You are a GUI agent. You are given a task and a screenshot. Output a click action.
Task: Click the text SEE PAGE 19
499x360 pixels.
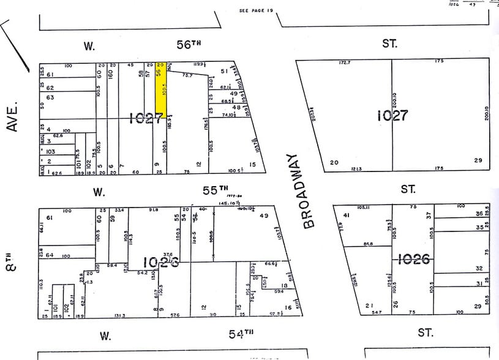click(x=256, y=10)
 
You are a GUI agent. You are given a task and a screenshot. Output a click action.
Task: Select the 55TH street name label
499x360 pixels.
click(x=215, y=190)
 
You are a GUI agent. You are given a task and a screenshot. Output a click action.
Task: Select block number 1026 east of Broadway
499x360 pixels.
click(x=415, y=259)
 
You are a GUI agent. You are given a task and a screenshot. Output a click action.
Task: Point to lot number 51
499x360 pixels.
click(x=224, y=71)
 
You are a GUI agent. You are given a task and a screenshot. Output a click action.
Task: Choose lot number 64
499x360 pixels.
click(x=50, y=255)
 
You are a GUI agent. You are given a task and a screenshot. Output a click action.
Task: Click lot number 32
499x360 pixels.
click(x=479, y=268)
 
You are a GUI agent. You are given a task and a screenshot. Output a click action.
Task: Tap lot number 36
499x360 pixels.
click(x=479, y=214)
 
